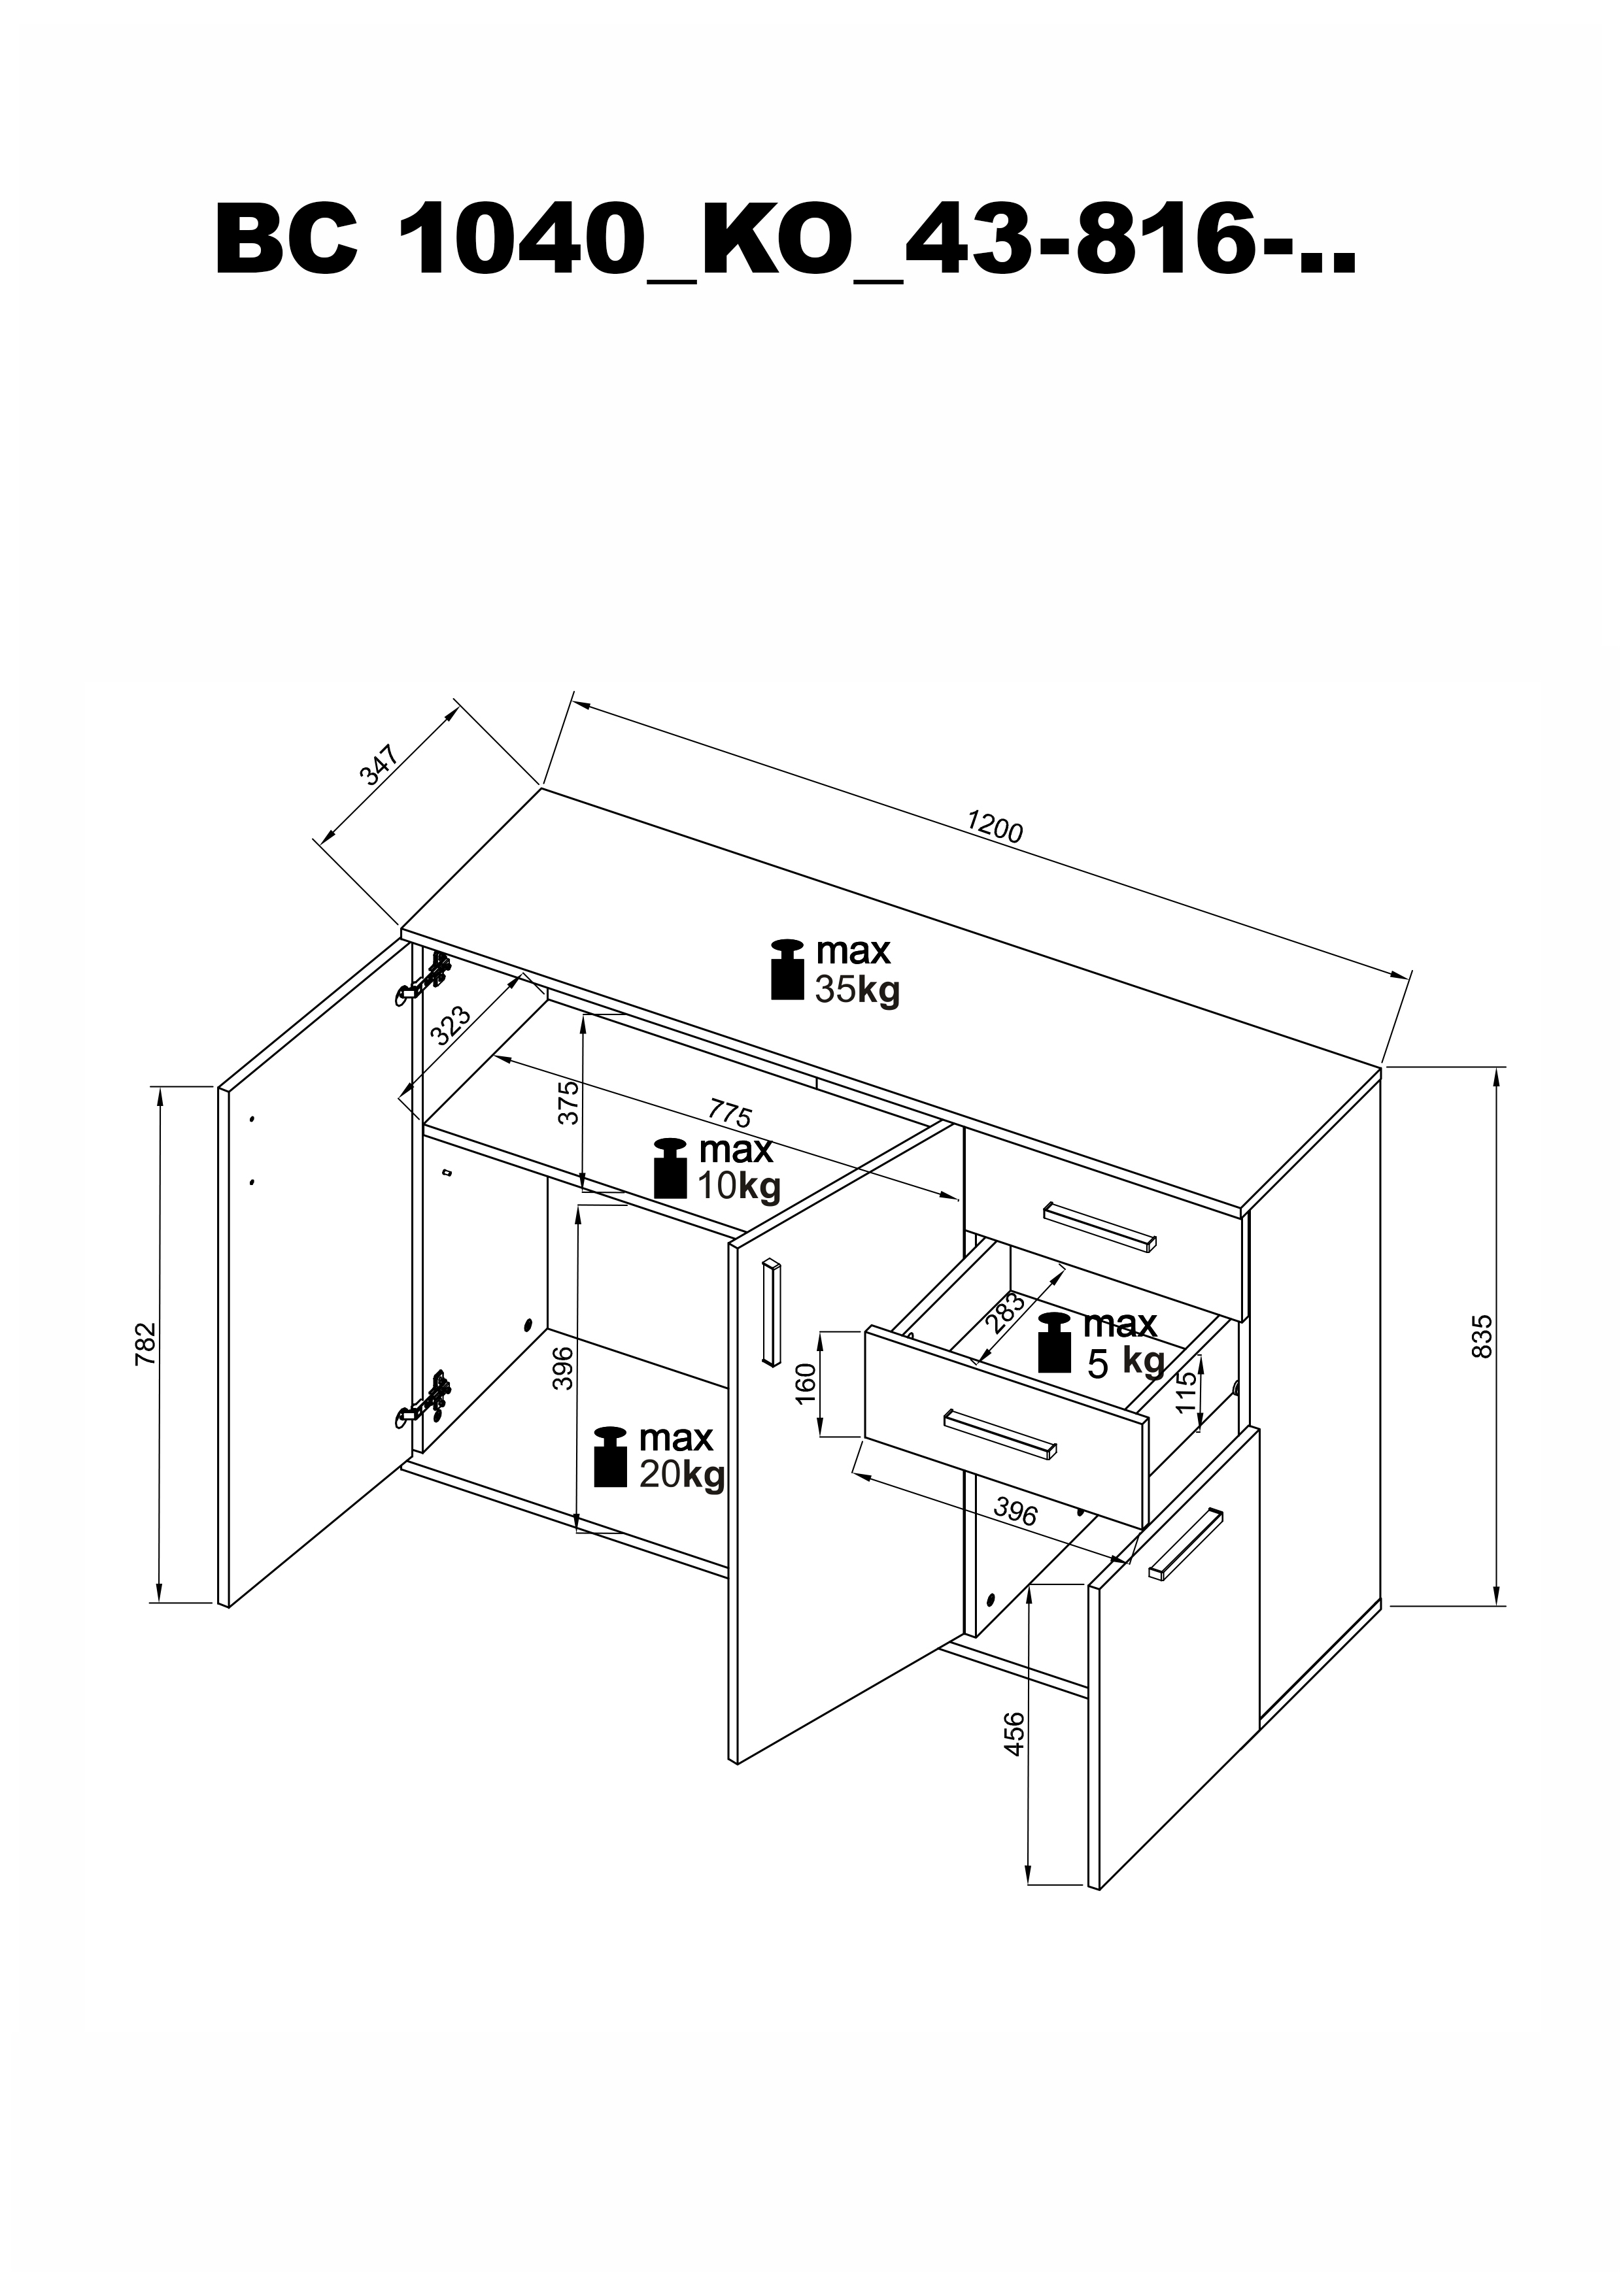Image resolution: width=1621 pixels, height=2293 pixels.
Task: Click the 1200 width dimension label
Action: point(995,826)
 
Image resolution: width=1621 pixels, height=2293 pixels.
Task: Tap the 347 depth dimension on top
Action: point(379,764)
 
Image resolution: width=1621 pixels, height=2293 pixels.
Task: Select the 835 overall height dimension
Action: point(1482,1335)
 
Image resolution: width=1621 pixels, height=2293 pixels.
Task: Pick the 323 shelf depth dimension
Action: point(449,1025)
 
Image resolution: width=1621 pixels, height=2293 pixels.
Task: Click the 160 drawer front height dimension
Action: point(807,1383)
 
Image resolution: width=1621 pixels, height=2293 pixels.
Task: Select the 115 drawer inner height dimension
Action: point(1186,1390)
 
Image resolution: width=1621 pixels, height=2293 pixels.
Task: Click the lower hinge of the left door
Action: point(424,1398)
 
